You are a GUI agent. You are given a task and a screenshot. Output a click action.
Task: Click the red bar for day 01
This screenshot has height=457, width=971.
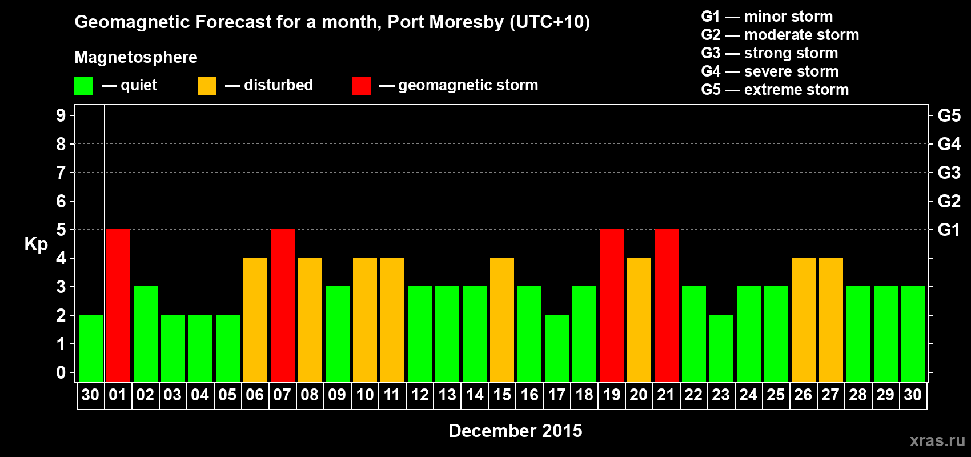click(118, 305)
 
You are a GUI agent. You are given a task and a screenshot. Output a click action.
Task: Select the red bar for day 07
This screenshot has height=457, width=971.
click(282, 305)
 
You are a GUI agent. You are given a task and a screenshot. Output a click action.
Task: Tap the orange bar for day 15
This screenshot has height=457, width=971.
click(502, 319)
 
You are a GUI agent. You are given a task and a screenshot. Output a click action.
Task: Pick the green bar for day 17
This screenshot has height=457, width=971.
click(557, 348)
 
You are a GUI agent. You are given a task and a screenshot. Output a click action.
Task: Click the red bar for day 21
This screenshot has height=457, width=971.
click(666, 305)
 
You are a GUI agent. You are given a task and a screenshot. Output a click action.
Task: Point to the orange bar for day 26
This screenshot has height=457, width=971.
click(803, 319)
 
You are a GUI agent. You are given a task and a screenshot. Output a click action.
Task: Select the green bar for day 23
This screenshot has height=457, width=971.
click(721, 348)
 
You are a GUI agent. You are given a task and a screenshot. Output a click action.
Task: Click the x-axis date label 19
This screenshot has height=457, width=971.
click(611, 395)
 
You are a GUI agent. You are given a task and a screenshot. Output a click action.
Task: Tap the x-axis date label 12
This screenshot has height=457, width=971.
click(419, 395)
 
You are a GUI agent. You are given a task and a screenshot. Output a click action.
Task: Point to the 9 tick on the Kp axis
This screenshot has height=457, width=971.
click(61, 115)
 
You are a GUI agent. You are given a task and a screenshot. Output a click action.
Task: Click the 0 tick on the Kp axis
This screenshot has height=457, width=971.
click(61, 372)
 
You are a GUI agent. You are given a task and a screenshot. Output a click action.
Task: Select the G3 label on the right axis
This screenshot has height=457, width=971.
click(949, 173)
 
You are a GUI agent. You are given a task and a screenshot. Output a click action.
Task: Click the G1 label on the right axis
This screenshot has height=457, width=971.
click(949, 230)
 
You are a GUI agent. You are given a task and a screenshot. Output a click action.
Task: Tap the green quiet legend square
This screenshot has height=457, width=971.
click(83, 86)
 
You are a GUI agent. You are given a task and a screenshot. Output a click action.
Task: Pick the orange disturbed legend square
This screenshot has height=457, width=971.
click(207, 86)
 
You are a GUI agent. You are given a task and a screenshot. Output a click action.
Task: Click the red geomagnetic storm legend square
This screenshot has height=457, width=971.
click(361, 86)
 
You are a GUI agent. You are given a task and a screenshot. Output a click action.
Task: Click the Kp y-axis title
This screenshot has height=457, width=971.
click(36, 244)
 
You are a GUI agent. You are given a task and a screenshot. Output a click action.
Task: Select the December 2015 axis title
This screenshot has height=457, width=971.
click(515, 431)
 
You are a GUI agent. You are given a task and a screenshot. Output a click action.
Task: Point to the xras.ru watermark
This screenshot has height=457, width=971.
click(937, 440)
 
